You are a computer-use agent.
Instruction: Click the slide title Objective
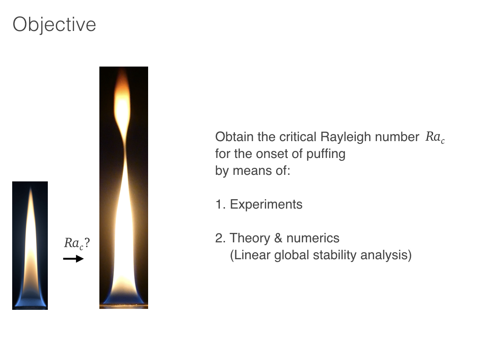pyautogui.click(x=54, y=25)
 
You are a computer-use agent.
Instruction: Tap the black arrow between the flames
pyautogui.click(x=74, y=259)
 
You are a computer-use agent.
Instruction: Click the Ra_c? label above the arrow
pyautogui.click(x=77, y=243)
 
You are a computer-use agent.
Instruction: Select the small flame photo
pyautogui.click(x=30, y=246)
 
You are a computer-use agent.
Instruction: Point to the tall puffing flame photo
pyautogui.click(x=124, y=187)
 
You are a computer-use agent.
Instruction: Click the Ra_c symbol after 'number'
pyautogui.click(x=435, y=137)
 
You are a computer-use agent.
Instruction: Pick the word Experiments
pyautogui.click(x=266, y=204)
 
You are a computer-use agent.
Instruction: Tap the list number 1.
pyautogui.click(x=220, y=204)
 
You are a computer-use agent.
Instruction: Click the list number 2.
pyautogui.click(x=220, y=238)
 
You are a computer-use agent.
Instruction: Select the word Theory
pyautogui.click(x=250, y=238)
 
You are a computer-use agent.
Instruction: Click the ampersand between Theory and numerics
pyautogui.click(x=278, y=238)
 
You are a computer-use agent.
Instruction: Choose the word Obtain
pyautogui.click(x=234, y=137)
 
